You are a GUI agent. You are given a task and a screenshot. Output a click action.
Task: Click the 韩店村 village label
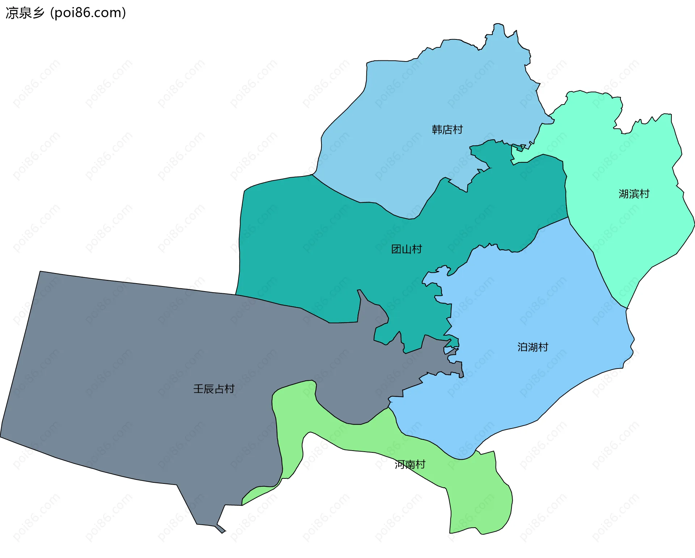pos(447,129)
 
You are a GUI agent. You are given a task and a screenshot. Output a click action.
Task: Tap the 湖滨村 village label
pos(634,194)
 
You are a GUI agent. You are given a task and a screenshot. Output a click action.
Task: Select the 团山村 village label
pos(406,249)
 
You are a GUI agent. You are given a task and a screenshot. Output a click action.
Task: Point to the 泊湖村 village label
pos(532,347)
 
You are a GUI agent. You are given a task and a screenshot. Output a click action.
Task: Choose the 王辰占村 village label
pos(214,389)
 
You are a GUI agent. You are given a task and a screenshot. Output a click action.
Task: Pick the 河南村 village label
pos(410,464)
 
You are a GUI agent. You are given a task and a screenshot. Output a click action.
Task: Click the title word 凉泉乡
pos(25,13)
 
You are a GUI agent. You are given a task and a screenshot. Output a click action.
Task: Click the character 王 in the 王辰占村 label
pos(198,389)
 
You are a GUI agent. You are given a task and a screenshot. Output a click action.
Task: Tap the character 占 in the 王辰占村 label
pos(219,389)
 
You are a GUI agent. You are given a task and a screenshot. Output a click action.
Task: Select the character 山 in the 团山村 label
pos(406,249)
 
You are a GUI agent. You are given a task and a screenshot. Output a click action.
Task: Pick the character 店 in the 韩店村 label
pos(447,129)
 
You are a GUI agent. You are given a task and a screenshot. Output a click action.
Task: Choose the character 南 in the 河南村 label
pos(410,464)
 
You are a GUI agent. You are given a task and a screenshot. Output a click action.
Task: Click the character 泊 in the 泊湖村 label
pos(522,347)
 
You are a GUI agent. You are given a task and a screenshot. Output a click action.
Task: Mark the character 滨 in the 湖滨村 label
pos(634,194)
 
